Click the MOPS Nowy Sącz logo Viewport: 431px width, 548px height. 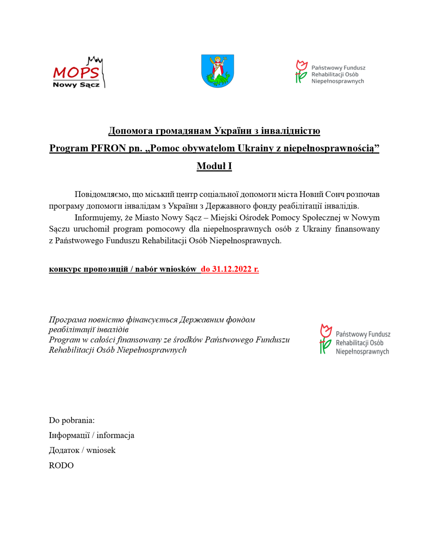point(78,73)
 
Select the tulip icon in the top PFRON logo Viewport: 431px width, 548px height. point(301,71)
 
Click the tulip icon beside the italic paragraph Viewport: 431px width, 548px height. point(325,339)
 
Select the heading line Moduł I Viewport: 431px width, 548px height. point(214,166)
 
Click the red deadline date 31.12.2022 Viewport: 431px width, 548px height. point(231,269)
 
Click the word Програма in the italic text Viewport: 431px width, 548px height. point(67,320)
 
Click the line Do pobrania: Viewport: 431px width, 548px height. point(72,420)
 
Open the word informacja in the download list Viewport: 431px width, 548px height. point(115,435)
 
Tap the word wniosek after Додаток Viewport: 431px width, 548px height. point(101,450)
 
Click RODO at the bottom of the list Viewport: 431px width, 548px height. point(61,465)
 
